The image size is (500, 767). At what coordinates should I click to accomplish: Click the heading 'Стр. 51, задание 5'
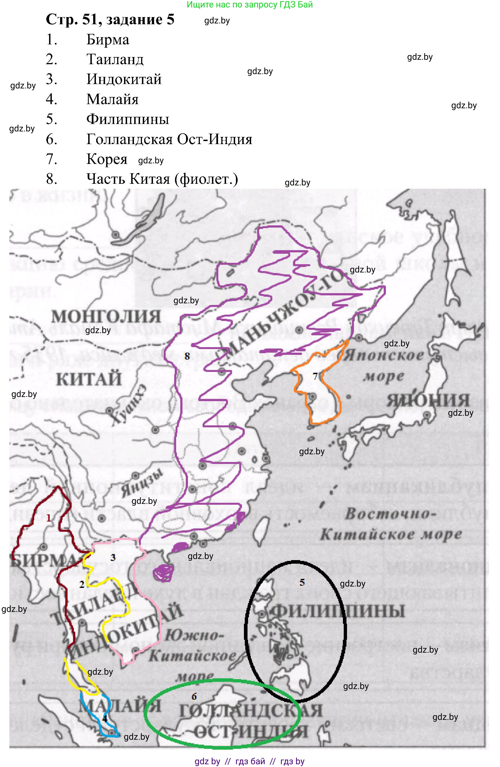[110, 20]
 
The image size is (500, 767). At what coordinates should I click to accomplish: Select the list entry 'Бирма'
[108, 40]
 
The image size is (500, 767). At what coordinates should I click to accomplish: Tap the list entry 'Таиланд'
[115, 60]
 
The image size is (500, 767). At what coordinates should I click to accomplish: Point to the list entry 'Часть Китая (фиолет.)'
[162, 179]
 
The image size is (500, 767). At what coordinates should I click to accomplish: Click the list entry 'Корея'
[107, 159]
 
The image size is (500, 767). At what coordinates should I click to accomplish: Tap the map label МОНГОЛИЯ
[106, 317]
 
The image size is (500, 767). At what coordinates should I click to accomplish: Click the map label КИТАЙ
[89, 379]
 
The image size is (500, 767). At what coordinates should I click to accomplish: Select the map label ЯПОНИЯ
[428, 401]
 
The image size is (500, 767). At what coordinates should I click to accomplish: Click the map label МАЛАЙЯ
[120, 706]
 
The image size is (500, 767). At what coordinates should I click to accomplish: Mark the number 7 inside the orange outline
[315, 376]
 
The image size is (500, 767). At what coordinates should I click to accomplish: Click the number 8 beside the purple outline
[187, 356]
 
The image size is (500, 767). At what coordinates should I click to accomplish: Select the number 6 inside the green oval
[194, 697]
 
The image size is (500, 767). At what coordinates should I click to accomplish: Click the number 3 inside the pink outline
[113, 558]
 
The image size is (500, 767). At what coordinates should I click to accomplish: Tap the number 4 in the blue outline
[104, 718]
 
